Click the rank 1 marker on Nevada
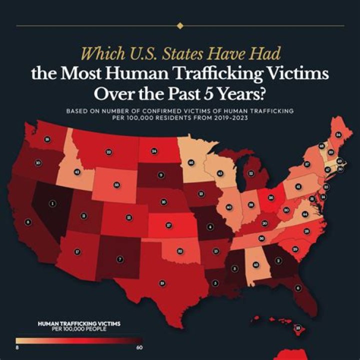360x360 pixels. coord(52,203)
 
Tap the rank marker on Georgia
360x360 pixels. coord(278,260)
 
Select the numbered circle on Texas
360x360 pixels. coord(162,283)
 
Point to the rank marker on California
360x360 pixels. coord(28,222)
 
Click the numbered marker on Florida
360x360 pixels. coord(298,287)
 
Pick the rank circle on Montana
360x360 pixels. coord(108,151)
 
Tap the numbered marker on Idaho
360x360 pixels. coord(77,171)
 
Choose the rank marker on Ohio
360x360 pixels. coord(269,197)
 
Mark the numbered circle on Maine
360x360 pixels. coord(338,134)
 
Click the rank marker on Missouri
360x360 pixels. coord(210,227)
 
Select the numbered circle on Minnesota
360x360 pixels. coord(191,162)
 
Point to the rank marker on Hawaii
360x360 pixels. coord(298,328)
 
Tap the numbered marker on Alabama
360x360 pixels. coord(255,264)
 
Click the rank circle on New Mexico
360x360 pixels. coord(119,259)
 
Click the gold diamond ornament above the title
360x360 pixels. coord(180,25)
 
